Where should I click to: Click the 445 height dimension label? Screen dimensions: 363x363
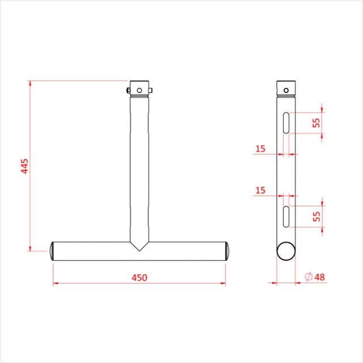click(x=24, y=166)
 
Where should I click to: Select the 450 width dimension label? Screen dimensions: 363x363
click(x=140, y=277)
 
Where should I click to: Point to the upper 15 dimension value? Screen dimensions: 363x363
click(x=260, y=149)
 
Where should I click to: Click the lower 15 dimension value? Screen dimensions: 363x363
click(x=260, y=190)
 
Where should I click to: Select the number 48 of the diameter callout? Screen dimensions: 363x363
click(x=319, y=277)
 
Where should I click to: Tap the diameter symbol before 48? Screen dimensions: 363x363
click(x=308, y=277)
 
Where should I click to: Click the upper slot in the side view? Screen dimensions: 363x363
click(x=287, y=123)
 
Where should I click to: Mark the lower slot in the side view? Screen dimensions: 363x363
click(x=287, y=216)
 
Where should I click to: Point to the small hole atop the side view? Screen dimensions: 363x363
click(x=287, y=89)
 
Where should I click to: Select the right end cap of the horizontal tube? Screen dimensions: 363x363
click(x=227, y=250)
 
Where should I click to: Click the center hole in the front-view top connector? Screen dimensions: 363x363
click(x=140, y=89)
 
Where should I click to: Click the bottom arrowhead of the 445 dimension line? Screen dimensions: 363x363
click(x=29, y=247)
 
